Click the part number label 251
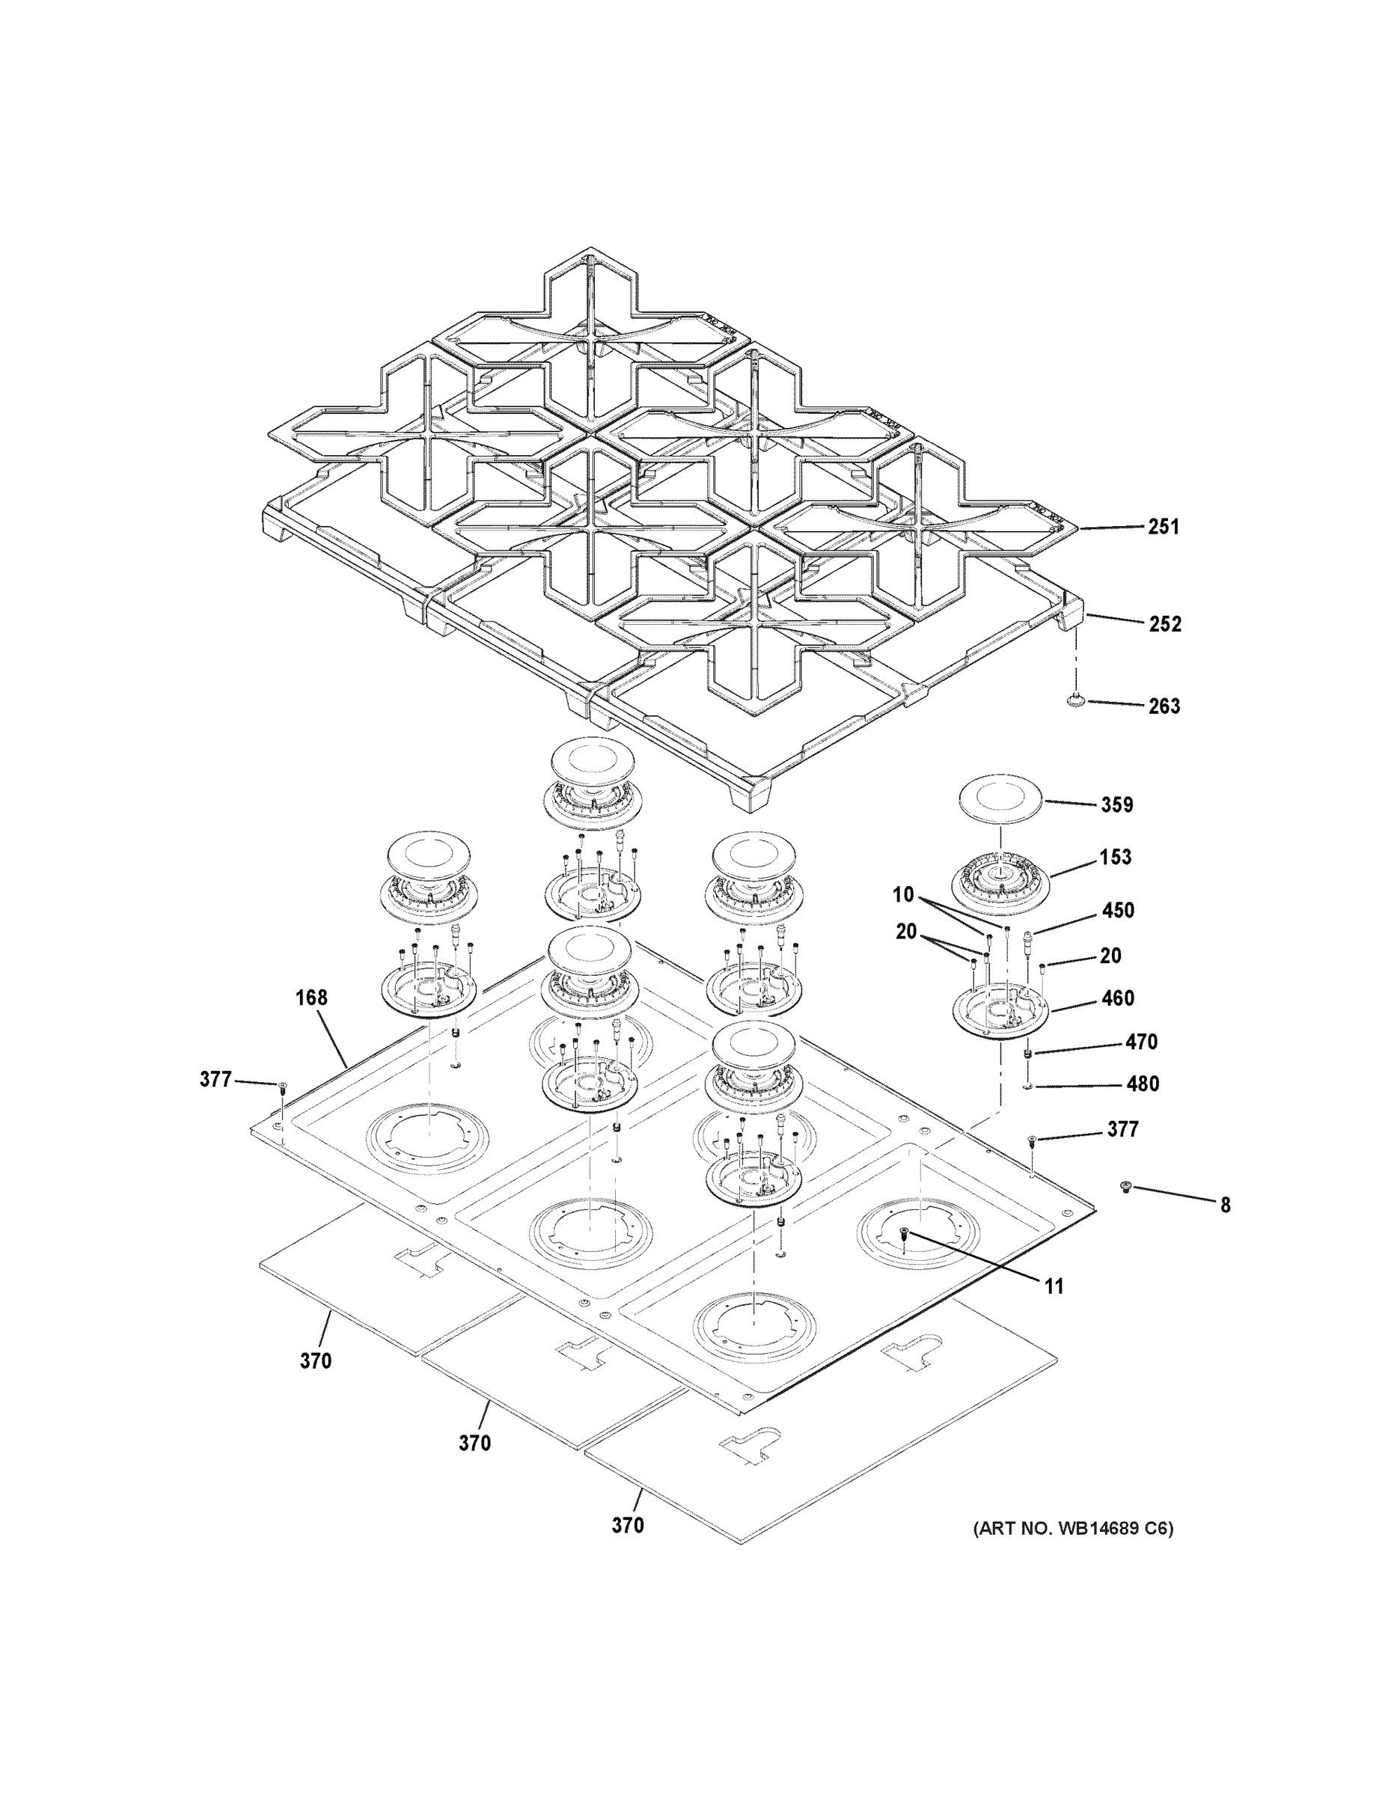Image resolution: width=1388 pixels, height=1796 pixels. point(1163,526)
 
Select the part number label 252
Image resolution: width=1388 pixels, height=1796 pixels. point(1164,624)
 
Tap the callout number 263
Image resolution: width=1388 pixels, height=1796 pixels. point(1164,706)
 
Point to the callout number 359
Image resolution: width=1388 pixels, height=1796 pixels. point(1116,804)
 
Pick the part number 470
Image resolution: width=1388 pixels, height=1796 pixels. point(1141,1042)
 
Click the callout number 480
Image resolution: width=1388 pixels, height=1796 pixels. point(1142,1084)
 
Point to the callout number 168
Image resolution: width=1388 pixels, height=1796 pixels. point(311,998)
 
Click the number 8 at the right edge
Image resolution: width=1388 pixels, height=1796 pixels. point(1225,1206)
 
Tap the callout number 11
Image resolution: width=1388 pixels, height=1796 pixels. point(1054,1286)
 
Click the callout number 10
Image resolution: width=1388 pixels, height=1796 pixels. point(903,895)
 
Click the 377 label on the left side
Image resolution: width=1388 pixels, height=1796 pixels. point(215,1079)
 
